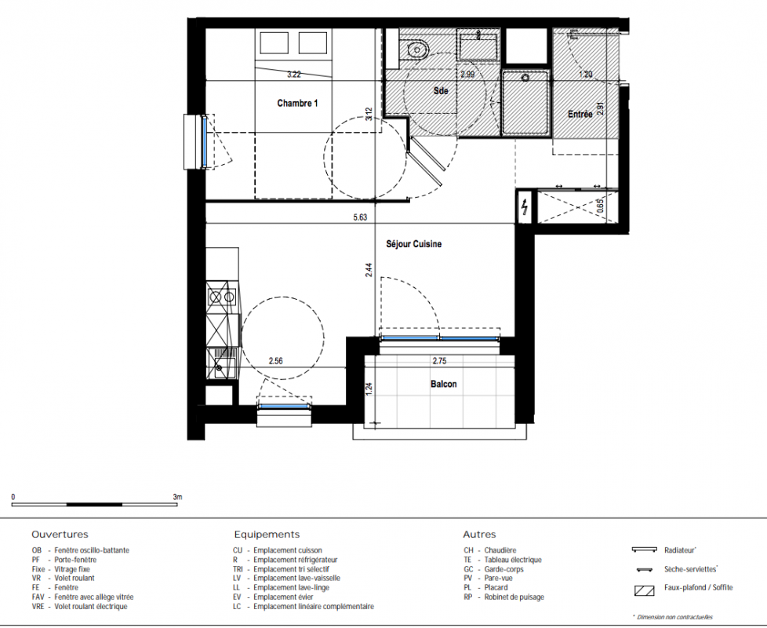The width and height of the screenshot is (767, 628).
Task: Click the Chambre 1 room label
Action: (297, 103)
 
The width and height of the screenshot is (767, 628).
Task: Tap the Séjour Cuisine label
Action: (414, 244)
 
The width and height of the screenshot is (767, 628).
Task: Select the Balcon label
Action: (444, 384)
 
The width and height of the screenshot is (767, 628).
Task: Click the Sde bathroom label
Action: (441, 90)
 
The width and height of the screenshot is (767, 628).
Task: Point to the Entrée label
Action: (580, 114)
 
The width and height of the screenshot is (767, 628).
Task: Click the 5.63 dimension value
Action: (360, 217)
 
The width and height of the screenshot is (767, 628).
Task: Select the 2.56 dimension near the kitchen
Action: (275, 361)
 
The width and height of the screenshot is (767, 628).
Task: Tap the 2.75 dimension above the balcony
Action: (439, 361)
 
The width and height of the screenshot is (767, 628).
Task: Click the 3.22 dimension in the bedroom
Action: (294, 75)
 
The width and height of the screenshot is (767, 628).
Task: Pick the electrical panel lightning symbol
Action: (525, 207)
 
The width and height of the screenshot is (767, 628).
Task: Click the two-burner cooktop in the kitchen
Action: (222, 296)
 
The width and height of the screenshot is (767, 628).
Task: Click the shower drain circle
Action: (526, 78)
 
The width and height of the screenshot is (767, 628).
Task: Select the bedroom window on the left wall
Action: (205, 142)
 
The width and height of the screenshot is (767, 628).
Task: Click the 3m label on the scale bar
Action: (177, 497)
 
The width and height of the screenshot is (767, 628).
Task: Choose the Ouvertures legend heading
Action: (60, 535)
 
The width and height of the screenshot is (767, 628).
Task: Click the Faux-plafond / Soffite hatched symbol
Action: (644, 591)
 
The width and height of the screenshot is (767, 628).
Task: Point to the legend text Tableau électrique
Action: (513, 560)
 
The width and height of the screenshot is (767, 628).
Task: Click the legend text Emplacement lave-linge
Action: (291, 587)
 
